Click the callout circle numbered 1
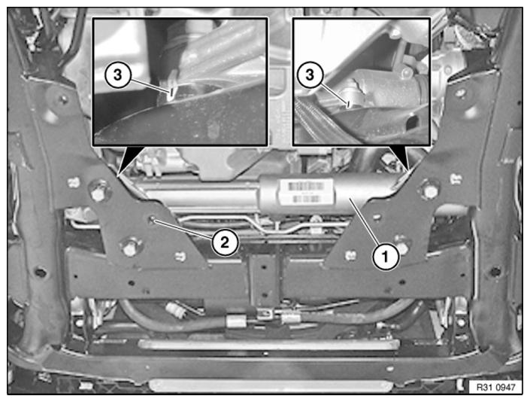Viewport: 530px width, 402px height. (386, 257)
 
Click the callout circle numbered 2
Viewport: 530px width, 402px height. (225, 242)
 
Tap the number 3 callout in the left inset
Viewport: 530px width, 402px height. (117, 75)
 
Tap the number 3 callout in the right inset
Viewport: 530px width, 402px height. (310, 75)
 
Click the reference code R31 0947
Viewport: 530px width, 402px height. (496, 388)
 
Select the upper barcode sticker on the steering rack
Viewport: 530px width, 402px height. (305, 186)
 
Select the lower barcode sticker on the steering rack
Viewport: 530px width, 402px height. (305, 199)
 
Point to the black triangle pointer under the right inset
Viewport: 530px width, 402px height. (399, 158)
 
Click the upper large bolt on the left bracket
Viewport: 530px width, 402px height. (98, 191)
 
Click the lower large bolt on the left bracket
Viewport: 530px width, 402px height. (130, 247)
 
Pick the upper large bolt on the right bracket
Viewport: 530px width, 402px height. (429, 190)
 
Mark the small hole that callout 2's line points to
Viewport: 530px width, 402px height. (152, 220)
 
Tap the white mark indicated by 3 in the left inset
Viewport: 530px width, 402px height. (171, 91)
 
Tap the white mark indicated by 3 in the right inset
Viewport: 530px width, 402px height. (348, 104)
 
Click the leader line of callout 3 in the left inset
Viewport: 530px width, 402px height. (149, 84)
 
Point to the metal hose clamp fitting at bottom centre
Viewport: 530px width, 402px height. (236, 321)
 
